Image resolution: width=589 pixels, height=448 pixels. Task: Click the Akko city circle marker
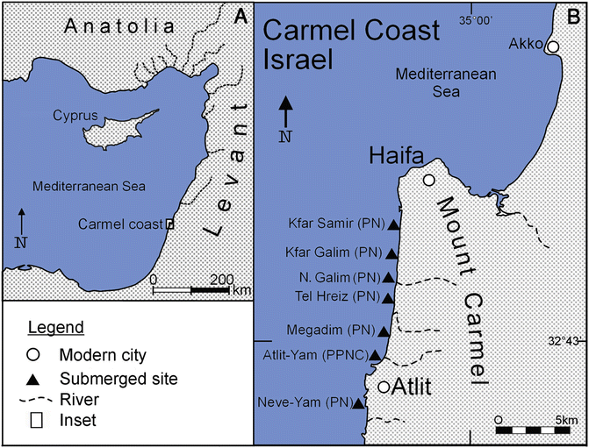click(554, 46)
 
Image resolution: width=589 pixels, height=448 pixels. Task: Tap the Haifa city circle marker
click(428, 181)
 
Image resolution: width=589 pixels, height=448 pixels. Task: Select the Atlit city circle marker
click(384, 387)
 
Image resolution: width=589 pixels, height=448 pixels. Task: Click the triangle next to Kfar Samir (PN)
click(394, 225)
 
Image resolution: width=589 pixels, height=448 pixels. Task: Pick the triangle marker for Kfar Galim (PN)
click(392, 252)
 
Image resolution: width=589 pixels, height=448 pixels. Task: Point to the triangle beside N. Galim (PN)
click(390, 278)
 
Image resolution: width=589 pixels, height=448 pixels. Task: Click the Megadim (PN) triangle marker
click(383, 331)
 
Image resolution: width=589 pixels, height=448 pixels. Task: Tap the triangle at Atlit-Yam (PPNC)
click(376, 355)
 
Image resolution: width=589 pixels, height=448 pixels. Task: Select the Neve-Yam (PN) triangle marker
click(357, 403)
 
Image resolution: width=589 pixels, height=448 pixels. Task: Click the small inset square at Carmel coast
click(169, 224)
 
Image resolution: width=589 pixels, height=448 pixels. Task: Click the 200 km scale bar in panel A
click(192, 288)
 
